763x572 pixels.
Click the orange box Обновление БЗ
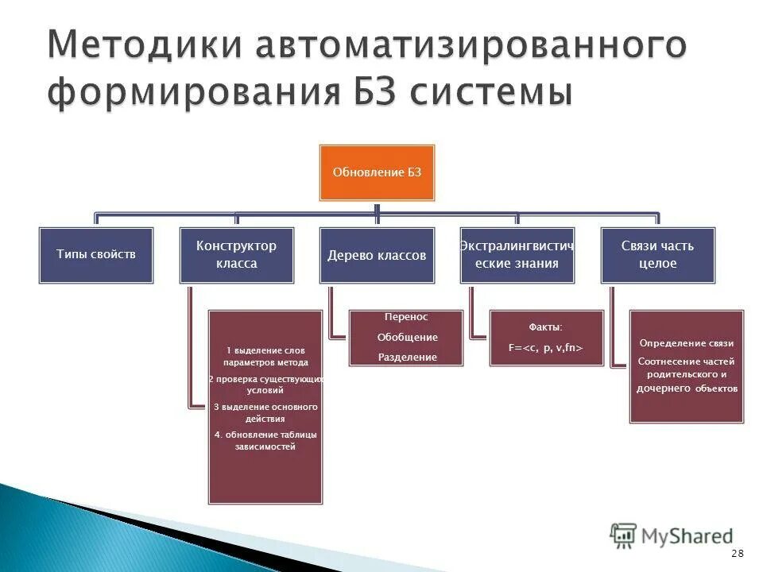[x=377, y=172]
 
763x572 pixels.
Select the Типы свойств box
[x=96, y=255]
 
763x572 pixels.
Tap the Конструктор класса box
[x=236, y=255]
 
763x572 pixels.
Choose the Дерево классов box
[x=377, y=255]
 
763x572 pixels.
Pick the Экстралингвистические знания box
[x=517, y=255]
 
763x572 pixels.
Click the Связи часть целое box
[x=657, y=255]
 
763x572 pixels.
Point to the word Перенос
[x=407, y=316]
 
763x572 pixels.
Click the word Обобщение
[x=407, y=337]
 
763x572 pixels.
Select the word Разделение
[x=407, y=357]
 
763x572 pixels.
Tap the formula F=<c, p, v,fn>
[x=547, y=347]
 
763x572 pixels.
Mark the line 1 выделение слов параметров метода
[x=265, y=356]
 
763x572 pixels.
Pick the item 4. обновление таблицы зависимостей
[x=265, y=440]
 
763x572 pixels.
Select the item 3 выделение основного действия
[x=265, y=412]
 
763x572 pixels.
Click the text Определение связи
[x=687, y=343]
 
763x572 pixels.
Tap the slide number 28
[x=738, y=553]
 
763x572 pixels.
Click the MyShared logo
[x=672, y=535]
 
